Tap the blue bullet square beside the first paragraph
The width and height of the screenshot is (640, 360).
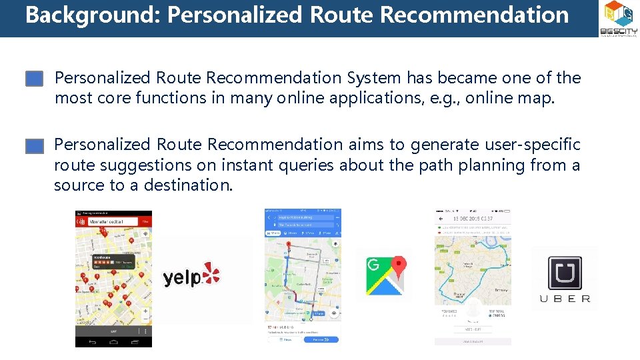click(35, 79)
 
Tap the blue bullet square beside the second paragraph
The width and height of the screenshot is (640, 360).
click(35, 146)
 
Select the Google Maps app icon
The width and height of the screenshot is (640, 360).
click(385, 273)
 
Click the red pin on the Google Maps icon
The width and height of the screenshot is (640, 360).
click(398, 267)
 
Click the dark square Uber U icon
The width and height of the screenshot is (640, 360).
click(565, 273)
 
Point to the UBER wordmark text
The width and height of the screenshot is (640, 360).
click(565, 299)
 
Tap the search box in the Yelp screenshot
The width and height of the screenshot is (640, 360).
click(113, 221)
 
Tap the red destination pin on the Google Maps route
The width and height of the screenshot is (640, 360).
click(288, 245)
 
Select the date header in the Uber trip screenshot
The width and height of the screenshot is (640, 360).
click(473, 219)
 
